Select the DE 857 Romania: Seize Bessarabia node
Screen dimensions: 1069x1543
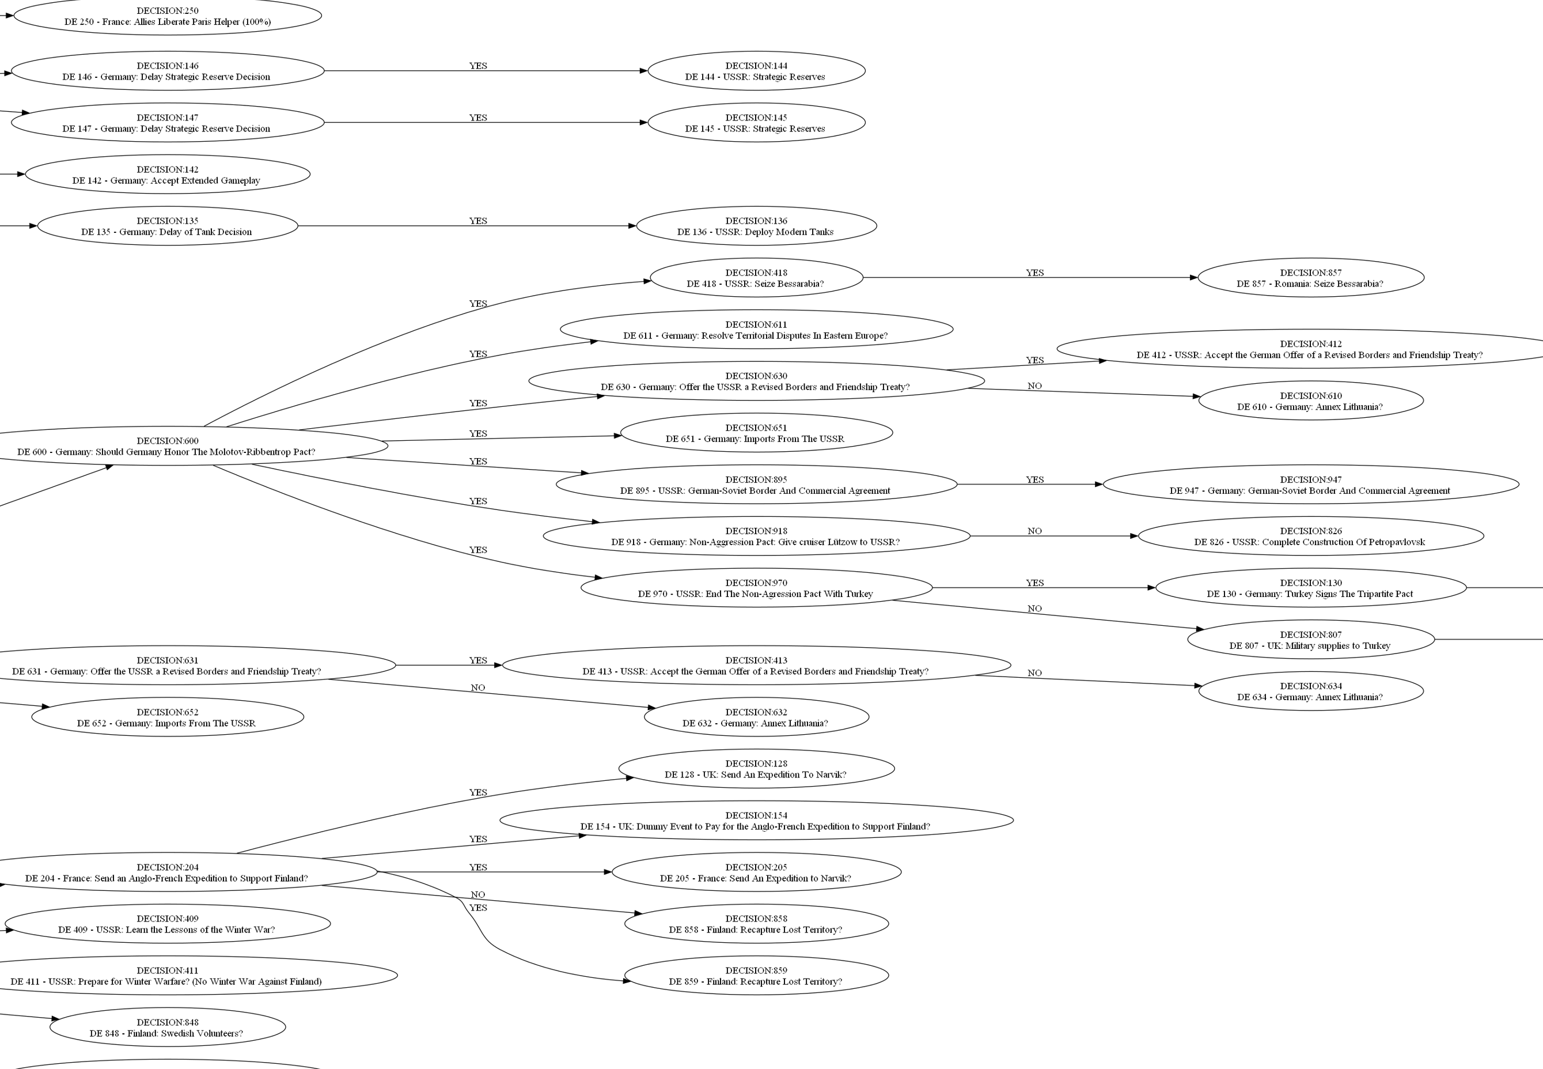(x=1310, y=278)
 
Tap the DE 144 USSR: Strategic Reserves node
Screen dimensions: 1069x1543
(x=756, y=71)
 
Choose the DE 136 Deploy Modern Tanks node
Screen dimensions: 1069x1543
(x=756, y=226)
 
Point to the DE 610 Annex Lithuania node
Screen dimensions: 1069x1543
(x=1310, y=401)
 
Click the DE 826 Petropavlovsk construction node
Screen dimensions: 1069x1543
(x=1310, y=537)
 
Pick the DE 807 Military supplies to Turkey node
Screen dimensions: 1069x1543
(x=1310, y=640)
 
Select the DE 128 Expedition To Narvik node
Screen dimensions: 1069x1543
(x=756, y=769)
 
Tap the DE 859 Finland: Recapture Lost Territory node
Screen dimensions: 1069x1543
(x=756, y=976)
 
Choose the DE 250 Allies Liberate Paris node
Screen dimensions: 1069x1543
(x=168, y=16)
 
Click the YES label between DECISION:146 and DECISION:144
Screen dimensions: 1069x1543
(x=478, y=66)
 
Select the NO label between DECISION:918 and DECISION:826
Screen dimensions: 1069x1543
(x=1034, y=531)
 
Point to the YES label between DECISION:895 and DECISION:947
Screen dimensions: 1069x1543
(x=1034, y=479)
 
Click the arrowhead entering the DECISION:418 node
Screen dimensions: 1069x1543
(x=646, y=281)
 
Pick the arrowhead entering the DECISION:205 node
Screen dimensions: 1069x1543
(x=607, y=872)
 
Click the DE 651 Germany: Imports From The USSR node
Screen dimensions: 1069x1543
(x=756, y=433)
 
